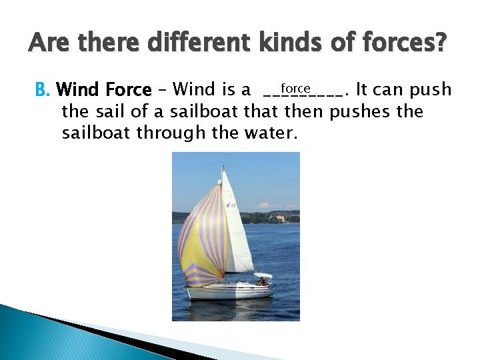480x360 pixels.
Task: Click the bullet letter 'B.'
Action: pyautogui.click(x=43, y=89)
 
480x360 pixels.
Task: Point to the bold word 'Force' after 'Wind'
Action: pyautogui.click(x=127, y=89)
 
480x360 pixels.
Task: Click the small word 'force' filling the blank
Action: pyautogui.click(x=295, y=88)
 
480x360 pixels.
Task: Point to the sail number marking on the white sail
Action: pyautogui.click(x=231, y=205)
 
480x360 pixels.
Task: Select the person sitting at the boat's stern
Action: pyautogui.click(x=261, y=281)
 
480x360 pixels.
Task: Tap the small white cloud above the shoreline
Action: pyautogui.click(x=264, y=205)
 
